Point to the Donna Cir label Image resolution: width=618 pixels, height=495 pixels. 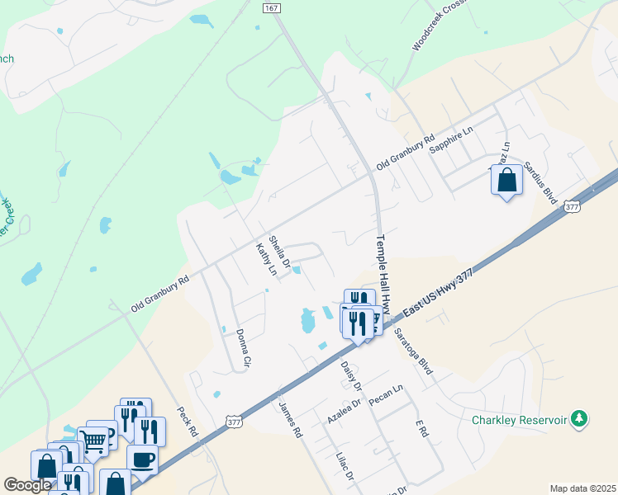tap(242, 346)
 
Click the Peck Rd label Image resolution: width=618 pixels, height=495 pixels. tap(188, 421)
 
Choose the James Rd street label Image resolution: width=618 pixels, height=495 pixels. tap(291, 420)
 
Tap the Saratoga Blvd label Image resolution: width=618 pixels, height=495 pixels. tap(413, 352)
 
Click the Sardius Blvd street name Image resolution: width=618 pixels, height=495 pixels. tap(540, 175)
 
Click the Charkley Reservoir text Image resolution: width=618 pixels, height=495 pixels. tap(519, 421)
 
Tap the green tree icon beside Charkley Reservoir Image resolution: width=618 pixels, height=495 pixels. tap(580, 419)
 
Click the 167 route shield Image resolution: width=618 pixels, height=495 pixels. tap(270, 7)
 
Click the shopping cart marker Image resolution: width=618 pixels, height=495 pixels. tap(94, 441)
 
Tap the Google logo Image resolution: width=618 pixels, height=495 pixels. tap(27, 485)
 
